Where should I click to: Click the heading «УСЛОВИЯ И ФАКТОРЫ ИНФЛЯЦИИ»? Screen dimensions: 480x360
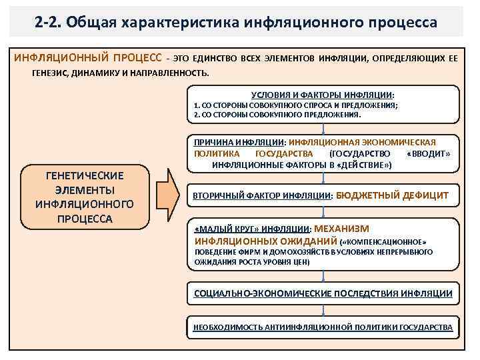[323, 95]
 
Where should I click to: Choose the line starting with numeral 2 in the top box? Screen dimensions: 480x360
[277, 115]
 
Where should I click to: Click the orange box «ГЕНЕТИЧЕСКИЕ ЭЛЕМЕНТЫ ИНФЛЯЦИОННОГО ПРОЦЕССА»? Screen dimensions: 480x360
[85, 197]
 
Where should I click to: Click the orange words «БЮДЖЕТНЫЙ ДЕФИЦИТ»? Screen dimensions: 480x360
[392, 195]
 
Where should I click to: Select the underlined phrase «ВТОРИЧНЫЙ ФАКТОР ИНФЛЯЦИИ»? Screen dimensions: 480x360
[262, 196]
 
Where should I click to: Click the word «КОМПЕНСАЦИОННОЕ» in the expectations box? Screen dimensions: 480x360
[387, 241]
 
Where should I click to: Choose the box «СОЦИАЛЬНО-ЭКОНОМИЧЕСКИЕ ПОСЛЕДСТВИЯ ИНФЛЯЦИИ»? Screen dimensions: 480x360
[323, 293]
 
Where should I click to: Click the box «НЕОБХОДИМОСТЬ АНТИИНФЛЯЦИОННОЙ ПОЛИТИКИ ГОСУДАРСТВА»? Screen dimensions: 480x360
[323, 327]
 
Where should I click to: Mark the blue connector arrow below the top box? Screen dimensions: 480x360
[323, 129]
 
